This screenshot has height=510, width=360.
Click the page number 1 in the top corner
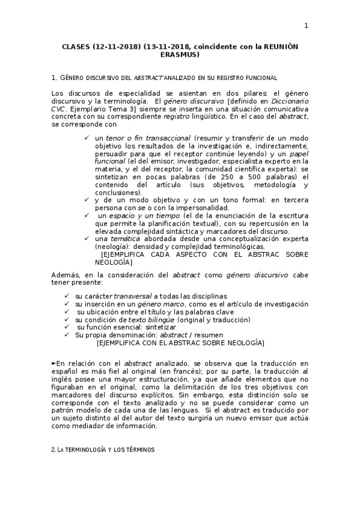pyautogui.click(x=306, y=25)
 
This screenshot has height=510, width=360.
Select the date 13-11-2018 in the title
pyautogui.click(x=167, y=46)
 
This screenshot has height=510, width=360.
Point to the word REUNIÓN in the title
pyautogui.click(x=276, y=46)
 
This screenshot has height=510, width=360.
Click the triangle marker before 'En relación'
pyautogui.click(x=54, y=364)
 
